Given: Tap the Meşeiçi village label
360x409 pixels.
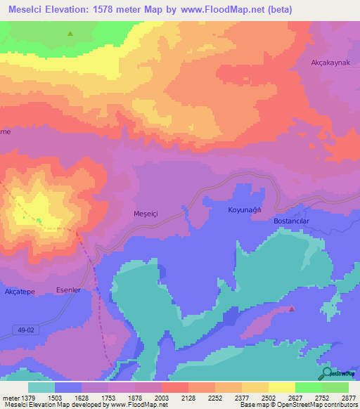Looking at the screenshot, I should (148, 212).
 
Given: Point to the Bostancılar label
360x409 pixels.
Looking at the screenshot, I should (291, 221).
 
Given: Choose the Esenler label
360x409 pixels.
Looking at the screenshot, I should (68, 290).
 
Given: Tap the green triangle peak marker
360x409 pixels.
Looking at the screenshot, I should (70, 33).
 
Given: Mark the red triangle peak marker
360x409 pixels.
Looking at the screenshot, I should (292, 309).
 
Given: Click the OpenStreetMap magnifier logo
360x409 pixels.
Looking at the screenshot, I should (327, 372).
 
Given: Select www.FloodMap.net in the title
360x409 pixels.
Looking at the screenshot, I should (217, 10).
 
